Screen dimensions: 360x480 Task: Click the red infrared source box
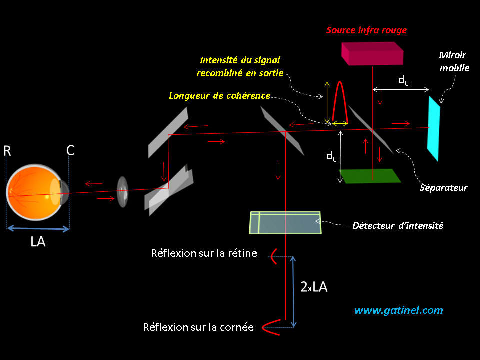click(x=372, y=53)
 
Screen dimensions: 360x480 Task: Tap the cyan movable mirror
click(x=433, y=128)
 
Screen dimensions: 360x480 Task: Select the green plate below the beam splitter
click(x=370, y=176)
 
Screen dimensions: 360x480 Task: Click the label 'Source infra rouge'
click(x=366, y=30)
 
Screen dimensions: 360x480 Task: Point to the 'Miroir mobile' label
click(x=454, y=61)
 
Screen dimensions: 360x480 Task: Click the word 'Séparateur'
click(x=444, y=187)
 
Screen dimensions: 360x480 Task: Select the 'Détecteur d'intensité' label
click(x=398, y=225)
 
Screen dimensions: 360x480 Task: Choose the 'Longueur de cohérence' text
click(x=219, y=95)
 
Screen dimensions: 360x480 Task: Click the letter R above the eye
click(x=7, y=151)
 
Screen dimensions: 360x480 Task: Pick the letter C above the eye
click(x=70, y=151)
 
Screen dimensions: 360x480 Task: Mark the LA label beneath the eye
click(x=38, y=242)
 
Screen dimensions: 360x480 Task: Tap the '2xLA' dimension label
click(x=314, y=287)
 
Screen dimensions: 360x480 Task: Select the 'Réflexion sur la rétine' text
click(x=204, y=254)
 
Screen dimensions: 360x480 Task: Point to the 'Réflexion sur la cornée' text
click(x=198, y=328)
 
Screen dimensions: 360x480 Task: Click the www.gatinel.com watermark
click(x=398, y=310)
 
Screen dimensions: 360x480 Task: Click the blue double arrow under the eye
click(x=38, y=229)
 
